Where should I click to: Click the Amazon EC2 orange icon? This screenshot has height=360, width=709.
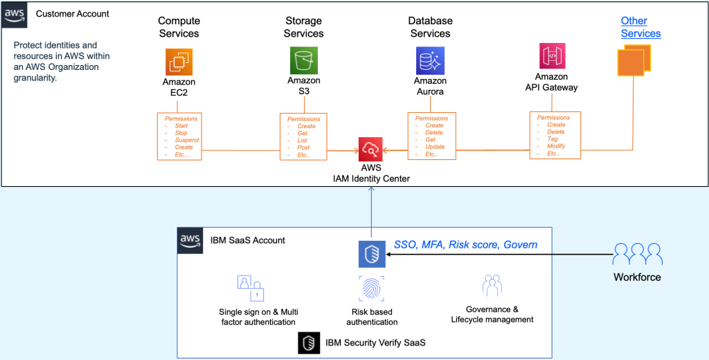click(x=179, y=61)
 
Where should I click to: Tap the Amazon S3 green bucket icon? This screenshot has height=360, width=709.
click(x=303, y=61)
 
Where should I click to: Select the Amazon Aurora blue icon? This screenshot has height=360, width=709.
click(x=430, y=61)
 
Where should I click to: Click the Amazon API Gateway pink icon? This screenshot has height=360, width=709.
click(x=551, y=56)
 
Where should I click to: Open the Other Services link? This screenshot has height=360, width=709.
click(x=640, y=27)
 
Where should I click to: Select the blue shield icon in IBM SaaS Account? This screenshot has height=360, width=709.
click(x=371, y=255)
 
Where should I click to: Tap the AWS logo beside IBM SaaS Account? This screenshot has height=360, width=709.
click(x=190, y=240)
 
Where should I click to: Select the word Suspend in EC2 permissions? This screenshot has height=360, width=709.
click(x=186, y=140)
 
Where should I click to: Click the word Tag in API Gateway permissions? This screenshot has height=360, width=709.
click(x=552, y=139)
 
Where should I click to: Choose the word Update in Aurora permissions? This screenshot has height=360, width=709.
click(x=435, y=147)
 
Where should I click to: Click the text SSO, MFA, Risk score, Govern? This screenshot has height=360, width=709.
click(x=465, y=244)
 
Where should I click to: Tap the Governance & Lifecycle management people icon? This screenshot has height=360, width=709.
click(x=492, y=286)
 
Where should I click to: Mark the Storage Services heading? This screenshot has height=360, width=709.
click(x=303, y=27)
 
